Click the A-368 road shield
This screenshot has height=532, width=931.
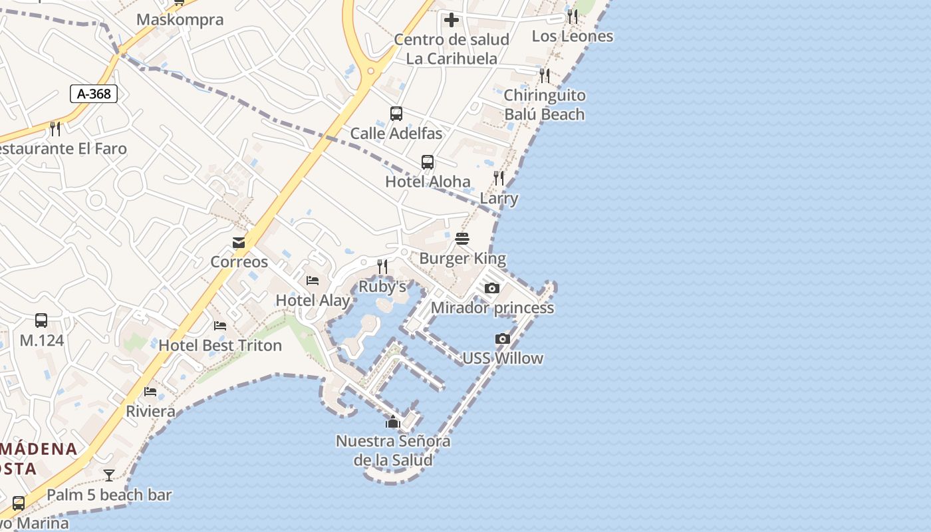click(94, 94)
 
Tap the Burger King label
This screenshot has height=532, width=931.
click(462, 258)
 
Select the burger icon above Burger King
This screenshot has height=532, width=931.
click(462, 239)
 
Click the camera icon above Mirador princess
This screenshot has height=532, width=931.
click(492, 288)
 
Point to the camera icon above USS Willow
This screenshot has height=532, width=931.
click(503, 339)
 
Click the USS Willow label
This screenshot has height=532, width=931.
click(503, 358)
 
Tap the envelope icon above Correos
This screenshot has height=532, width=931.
click(239, 243)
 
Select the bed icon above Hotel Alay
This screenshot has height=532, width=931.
click(313, 281)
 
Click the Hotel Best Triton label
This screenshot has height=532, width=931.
click(220, 345)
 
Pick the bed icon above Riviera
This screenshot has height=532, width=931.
click(151, 392)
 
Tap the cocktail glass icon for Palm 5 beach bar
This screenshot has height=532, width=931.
click(109, 475)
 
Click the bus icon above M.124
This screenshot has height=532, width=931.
click(41, 321)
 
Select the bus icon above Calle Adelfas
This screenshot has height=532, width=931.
click(396, 114)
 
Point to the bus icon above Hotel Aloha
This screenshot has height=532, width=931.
click(428, 162)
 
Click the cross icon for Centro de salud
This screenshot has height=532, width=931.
click(452, 20)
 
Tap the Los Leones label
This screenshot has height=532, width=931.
click(573, 36)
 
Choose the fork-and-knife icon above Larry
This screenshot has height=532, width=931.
click(499, 178)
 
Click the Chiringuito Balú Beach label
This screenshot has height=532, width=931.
click(544, 104)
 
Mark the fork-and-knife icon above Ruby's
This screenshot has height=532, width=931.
click(382, 267)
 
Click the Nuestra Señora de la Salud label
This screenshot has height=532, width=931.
click(393, 450)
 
